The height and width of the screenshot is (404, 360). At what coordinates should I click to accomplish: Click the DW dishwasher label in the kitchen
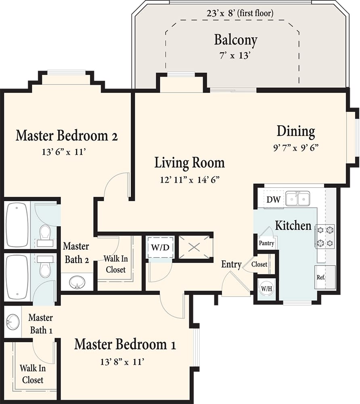coord(273,200)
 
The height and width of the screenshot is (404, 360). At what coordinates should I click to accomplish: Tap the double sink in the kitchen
coord(298,199)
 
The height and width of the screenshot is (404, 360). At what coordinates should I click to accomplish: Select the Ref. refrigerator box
coord(321,278)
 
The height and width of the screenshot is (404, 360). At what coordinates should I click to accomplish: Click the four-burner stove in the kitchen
coord(325,236)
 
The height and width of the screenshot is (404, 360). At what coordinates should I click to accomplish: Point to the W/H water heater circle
coord(266,288)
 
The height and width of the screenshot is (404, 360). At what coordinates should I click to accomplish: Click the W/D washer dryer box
coord(160,247)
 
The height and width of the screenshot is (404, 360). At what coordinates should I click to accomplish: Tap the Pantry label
coord(266,243)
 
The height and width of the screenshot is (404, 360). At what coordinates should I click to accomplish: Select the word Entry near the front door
coord(231,265)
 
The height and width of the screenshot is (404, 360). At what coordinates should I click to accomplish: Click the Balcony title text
coord(235,40)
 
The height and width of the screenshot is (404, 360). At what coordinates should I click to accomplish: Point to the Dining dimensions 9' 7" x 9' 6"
coord(296,147)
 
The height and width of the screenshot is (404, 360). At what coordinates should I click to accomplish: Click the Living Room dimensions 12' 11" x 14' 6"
coord(189,179)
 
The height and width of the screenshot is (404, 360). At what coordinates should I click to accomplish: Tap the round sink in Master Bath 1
coord(12,322)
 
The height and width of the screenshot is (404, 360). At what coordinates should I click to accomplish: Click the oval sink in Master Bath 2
coord(77,282)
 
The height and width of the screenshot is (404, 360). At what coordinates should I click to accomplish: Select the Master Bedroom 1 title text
coord(125,345)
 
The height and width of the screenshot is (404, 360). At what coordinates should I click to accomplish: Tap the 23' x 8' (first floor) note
coord(240,13)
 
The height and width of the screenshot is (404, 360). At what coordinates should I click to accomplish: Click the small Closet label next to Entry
coord(259,265)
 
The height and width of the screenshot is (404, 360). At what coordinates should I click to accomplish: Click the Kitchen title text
coord(293,225)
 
